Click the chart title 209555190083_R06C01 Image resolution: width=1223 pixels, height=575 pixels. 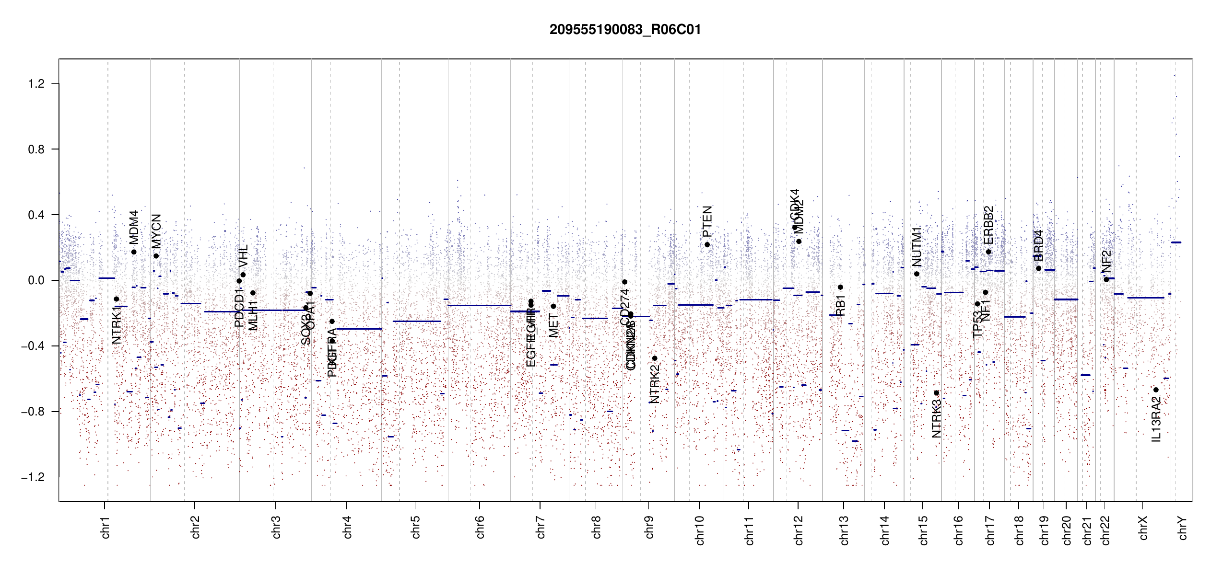[x=625, y=30]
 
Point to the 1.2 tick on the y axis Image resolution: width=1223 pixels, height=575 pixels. [x=36, y=84]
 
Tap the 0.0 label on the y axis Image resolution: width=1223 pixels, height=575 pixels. [x=36, y=280]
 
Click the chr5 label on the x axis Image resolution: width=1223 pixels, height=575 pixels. [x=415, y=527]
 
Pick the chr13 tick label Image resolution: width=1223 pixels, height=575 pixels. [x=844, y=530]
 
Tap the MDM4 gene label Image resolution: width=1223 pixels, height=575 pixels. [x=134, y=227]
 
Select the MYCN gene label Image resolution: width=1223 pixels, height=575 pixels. [x=156, y=231]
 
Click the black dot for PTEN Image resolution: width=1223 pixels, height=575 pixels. [x=707, y=245]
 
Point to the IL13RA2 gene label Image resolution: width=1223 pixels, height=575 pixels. [x=1156, y=420]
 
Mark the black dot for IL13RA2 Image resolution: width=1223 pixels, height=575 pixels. [x=1156, y=390]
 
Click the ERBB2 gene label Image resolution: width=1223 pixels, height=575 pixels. [x=988, y=225]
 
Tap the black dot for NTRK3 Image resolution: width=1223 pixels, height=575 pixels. [x=936, y=393]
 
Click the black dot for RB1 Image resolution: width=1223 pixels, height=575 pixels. [x=840, y=287]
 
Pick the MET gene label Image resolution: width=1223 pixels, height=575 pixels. [x=553, y=325]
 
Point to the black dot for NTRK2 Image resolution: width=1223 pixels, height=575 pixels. [x=655, y=358]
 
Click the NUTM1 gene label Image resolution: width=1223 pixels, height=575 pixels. [x=917, y=247]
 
